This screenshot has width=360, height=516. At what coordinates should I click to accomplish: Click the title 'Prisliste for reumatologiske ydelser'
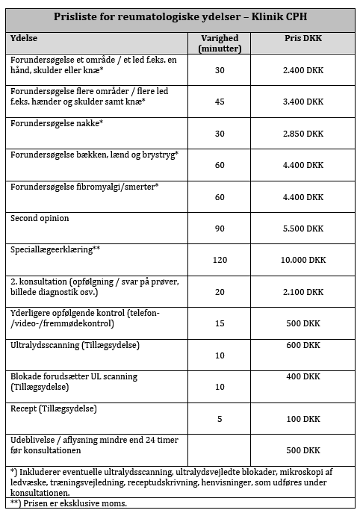click(x=180, y=17)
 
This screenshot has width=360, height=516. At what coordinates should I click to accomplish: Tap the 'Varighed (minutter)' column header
click(x=220, y=43)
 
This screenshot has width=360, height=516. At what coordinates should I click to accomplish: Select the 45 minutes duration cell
click(x=220, y=102)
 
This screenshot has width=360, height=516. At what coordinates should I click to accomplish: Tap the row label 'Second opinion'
click(x=40, y=218)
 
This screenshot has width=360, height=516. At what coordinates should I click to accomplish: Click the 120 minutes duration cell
click(x=220, y=260)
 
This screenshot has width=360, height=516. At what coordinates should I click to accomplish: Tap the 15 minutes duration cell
click(x=220, y=323)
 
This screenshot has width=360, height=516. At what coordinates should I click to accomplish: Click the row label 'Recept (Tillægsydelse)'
click(x=55, y=408)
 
